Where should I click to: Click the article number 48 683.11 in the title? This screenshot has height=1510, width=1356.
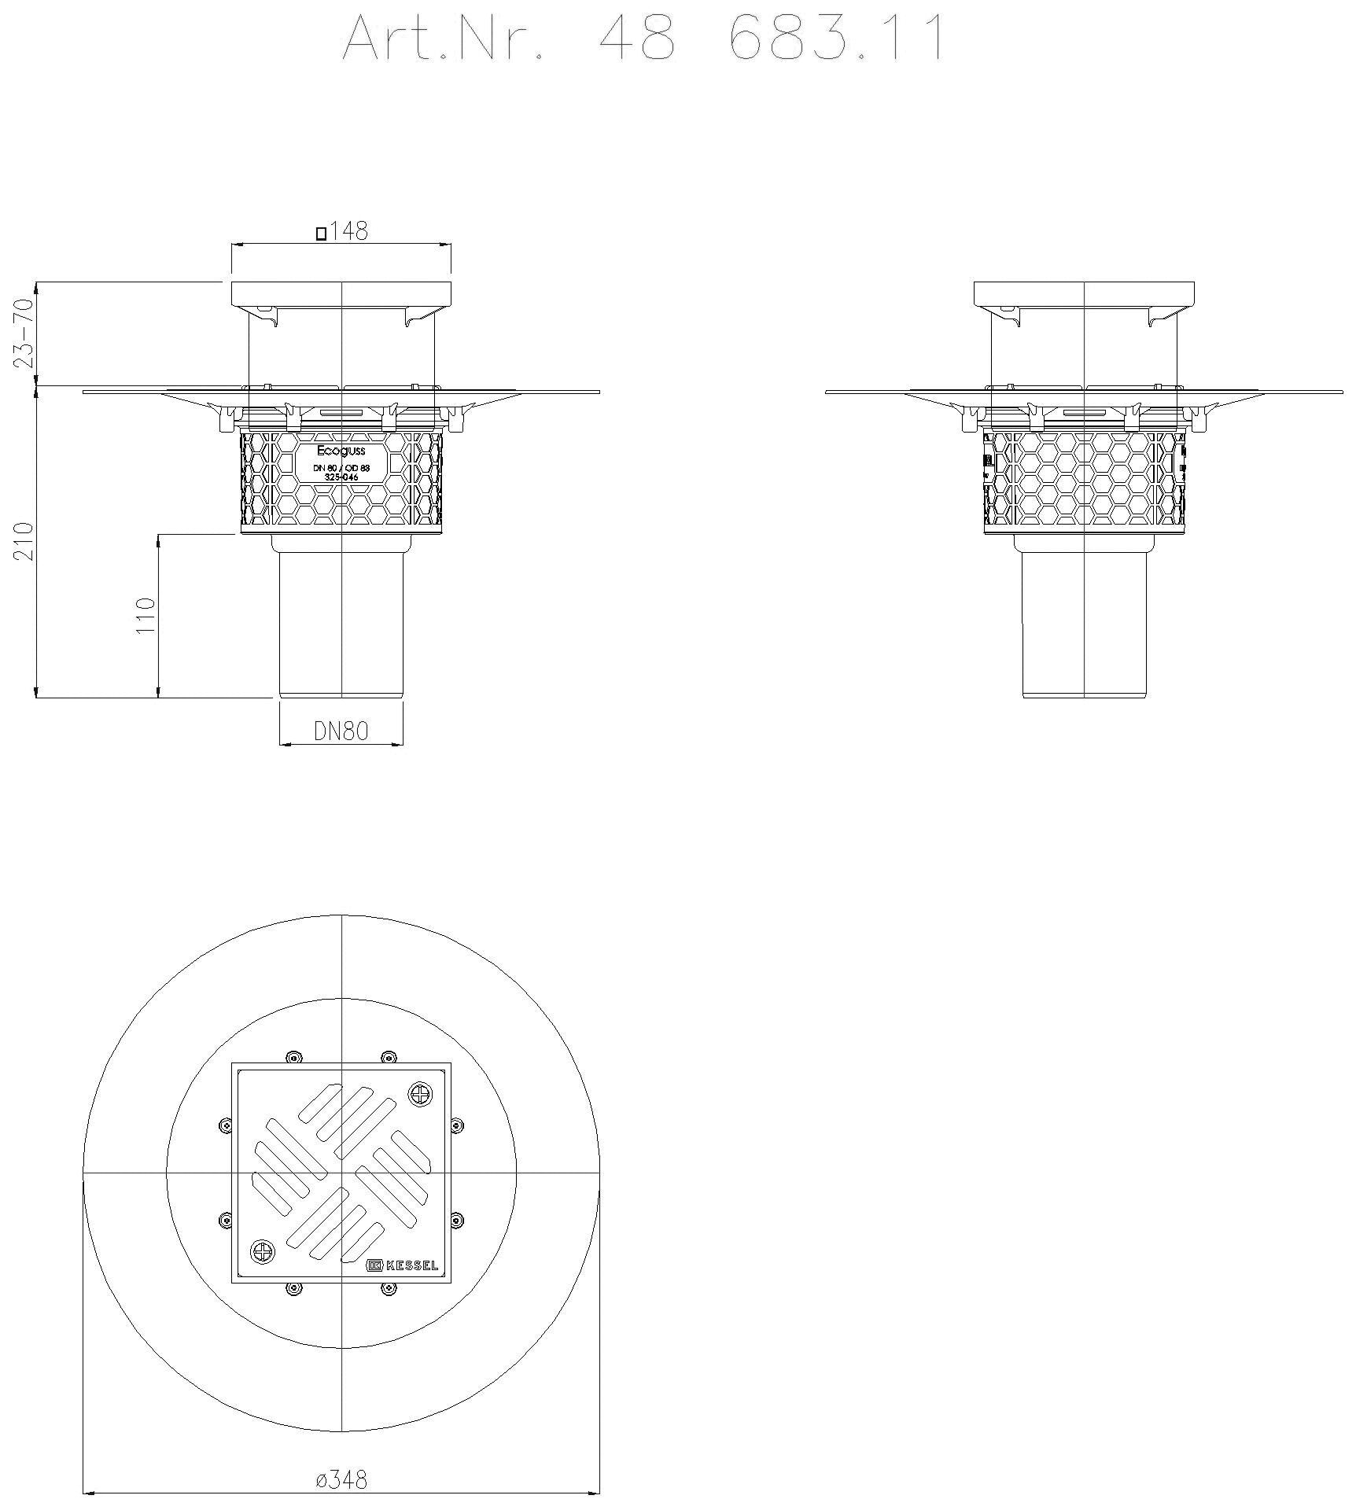pos(771,39)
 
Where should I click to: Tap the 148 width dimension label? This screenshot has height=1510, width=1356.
pos(348,231)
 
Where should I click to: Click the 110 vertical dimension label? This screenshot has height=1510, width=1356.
pos(147,616)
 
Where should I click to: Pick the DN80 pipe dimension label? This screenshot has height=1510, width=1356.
pos(341,731)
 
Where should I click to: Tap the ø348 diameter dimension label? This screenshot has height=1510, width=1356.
pos(341,1479)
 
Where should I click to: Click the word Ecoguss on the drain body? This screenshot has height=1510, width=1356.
pos(341,451)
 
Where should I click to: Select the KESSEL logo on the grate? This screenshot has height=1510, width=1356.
pos(403,1265)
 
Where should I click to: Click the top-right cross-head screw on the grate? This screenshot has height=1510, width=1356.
pos(420,1093)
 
